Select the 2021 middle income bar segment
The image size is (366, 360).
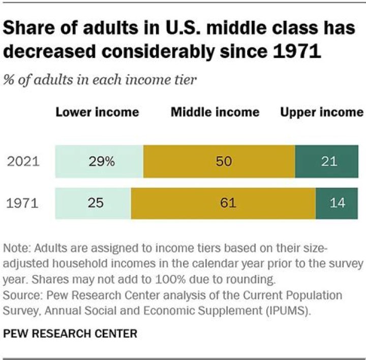219,162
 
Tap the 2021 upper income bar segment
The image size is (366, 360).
329,162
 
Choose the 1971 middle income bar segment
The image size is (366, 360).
223,203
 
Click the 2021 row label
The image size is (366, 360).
23,162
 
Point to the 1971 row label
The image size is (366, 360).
23,203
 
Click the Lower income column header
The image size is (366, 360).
97,112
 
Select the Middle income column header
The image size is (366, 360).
215,112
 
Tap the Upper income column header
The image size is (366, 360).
322,112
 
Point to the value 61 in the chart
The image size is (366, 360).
228,203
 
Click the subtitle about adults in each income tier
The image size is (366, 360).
100,80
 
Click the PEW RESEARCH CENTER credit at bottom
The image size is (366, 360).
70,334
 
